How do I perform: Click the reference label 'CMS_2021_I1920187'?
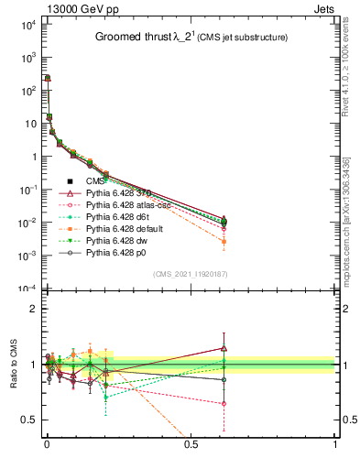190,274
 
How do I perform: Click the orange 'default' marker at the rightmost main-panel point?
224,242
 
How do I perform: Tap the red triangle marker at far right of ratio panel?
224,347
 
